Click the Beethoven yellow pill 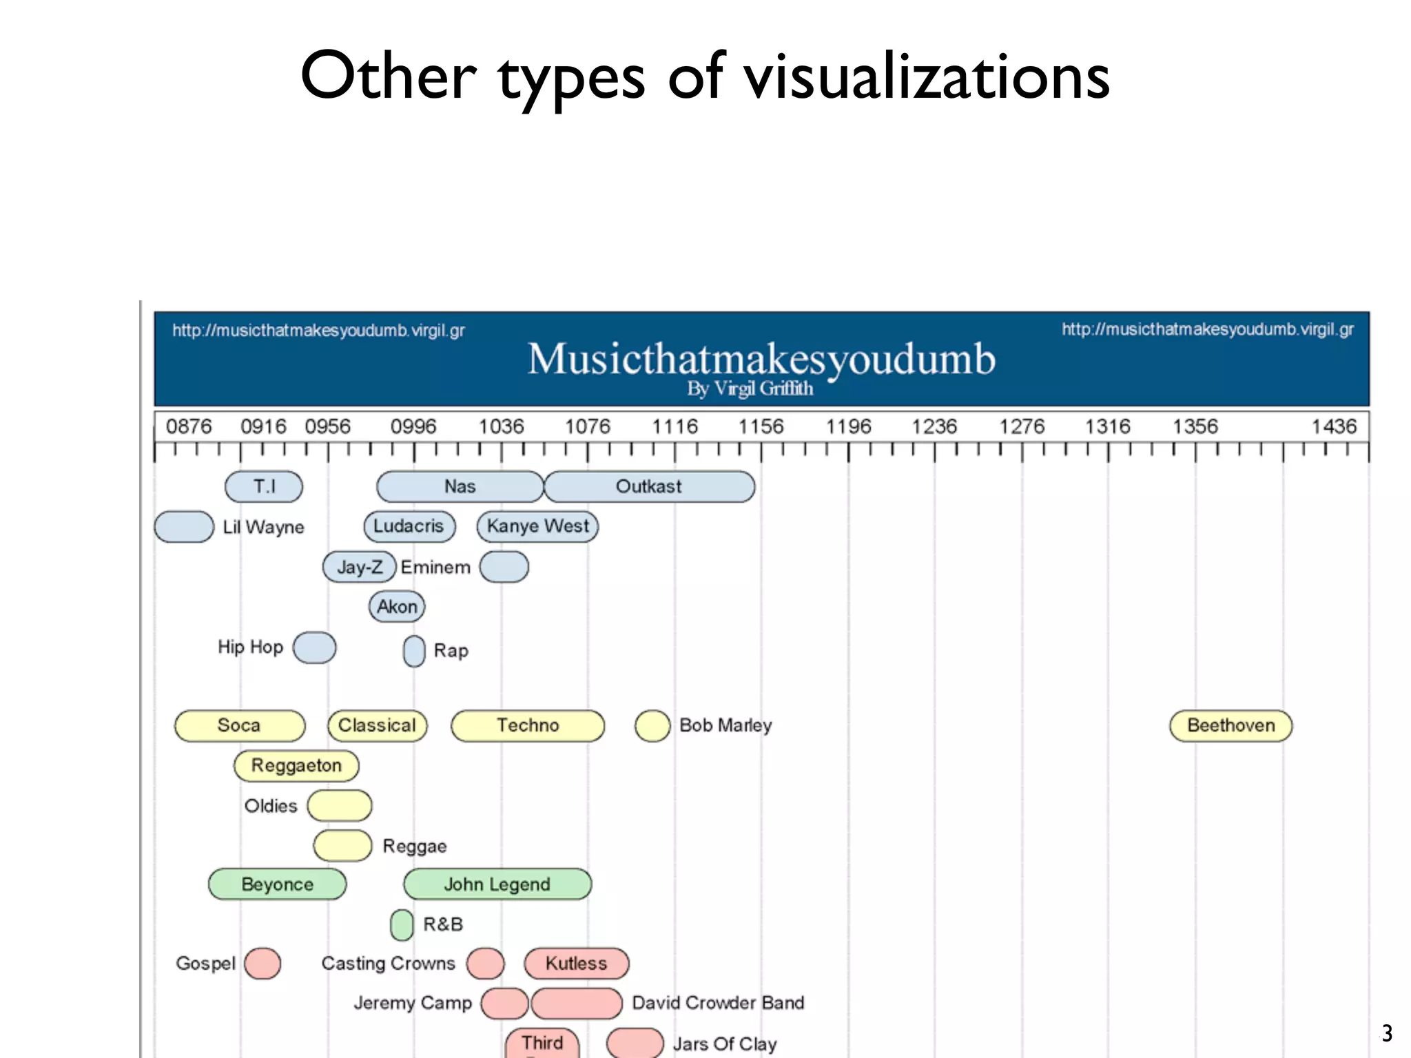[x=1230, y=725]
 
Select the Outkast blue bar [x=649, y=486]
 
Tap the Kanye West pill [x=537, y=526]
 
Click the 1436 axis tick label [x=1333, y=426]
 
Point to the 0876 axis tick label [x=189, y=426]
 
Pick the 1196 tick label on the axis [x=848, y=426]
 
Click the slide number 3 [x=1387, y=1033]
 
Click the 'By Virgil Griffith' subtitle [x=750, y=388]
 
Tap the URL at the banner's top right [x=1207, y=329]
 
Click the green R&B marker [x=402, y=924]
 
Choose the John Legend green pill [x=497, y=884]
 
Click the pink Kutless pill [x=576, y=963]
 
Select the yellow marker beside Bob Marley [x=652, y=726]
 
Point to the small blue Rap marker [x=414, y=651]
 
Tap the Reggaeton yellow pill [x=296, y=765]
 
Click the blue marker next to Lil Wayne [x=184, y=527]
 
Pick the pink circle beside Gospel [x=262, y=963]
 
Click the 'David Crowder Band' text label [x=718, y=1003]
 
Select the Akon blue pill [x=397, y=607]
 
